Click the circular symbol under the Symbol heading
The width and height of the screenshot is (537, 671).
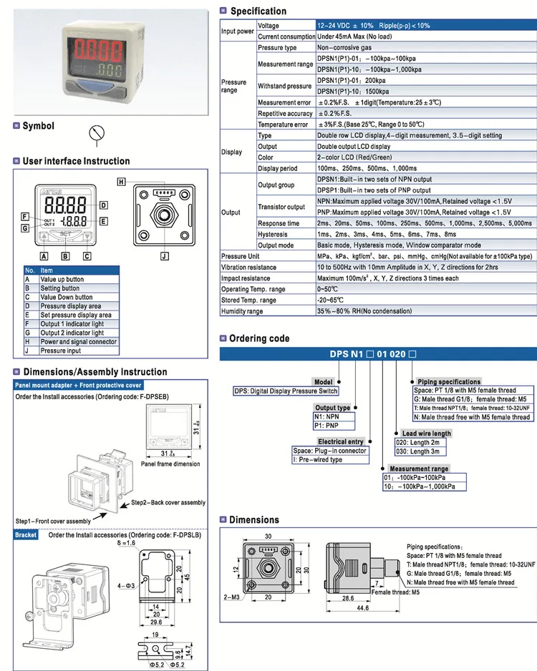[99, 133]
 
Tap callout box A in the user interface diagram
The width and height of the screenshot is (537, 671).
[44, 255]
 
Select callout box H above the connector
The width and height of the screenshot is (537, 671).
[122, 182]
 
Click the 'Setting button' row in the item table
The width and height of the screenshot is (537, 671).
[60, 288]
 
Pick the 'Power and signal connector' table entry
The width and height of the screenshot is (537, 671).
[78, 342]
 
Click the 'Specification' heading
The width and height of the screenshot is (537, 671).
[258, 11]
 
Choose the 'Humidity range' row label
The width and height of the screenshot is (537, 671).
[242, 311]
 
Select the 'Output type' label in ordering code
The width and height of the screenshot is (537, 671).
[334, 408]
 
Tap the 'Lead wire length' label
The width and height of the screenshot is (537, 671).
[426, 434]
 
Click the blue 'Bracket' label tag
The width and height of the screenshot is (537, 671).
[26, 534]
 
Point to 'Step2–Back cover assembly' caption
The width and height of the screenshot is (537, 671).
[168, 503]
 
